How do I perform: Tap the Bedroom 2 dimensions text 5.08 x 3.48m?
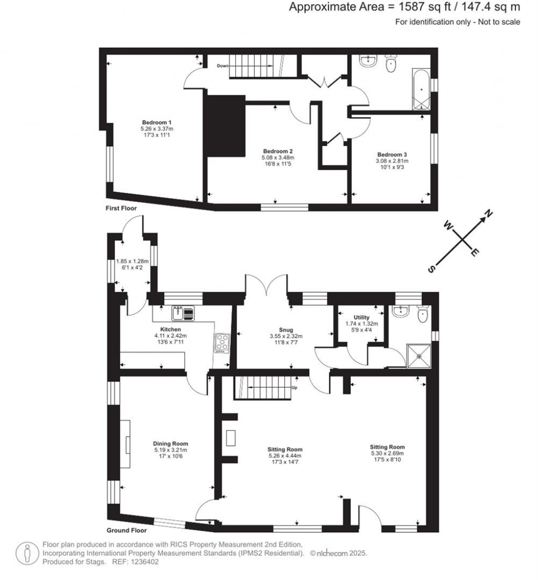coord(278,157)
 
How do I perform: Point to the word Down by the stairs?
coord(223,66)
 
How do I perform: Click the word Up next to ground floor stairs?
coord(295,388)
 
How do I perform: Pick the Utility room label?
coord(361,318)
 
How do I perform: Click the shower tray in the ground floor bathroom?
coord(419,356)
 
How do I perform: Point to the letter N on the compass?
coord(488,214)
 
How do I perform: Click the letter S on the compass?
coord(431,268)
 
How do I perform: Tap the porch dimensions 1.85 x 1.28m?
coord(132,261)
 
